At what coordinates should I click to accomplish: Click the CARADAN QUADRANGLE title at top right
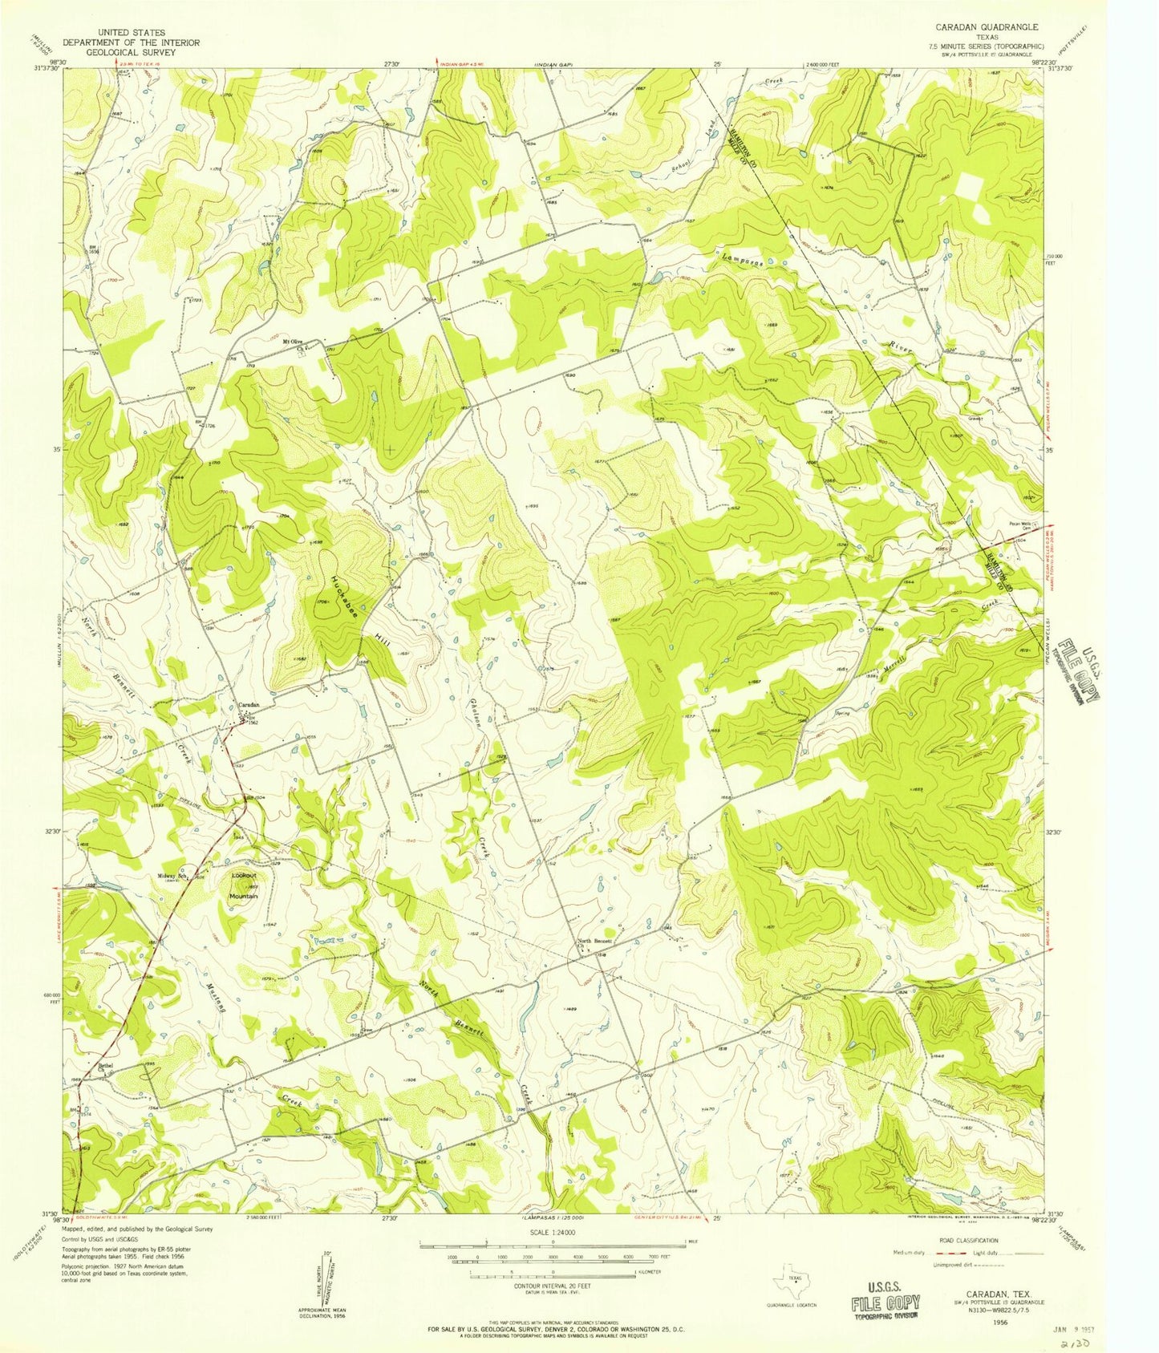[991, 26]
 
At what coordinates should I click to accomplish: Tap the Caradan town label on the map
[248, 705]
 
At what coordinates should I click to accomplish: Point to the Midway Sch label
[172, 875]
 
